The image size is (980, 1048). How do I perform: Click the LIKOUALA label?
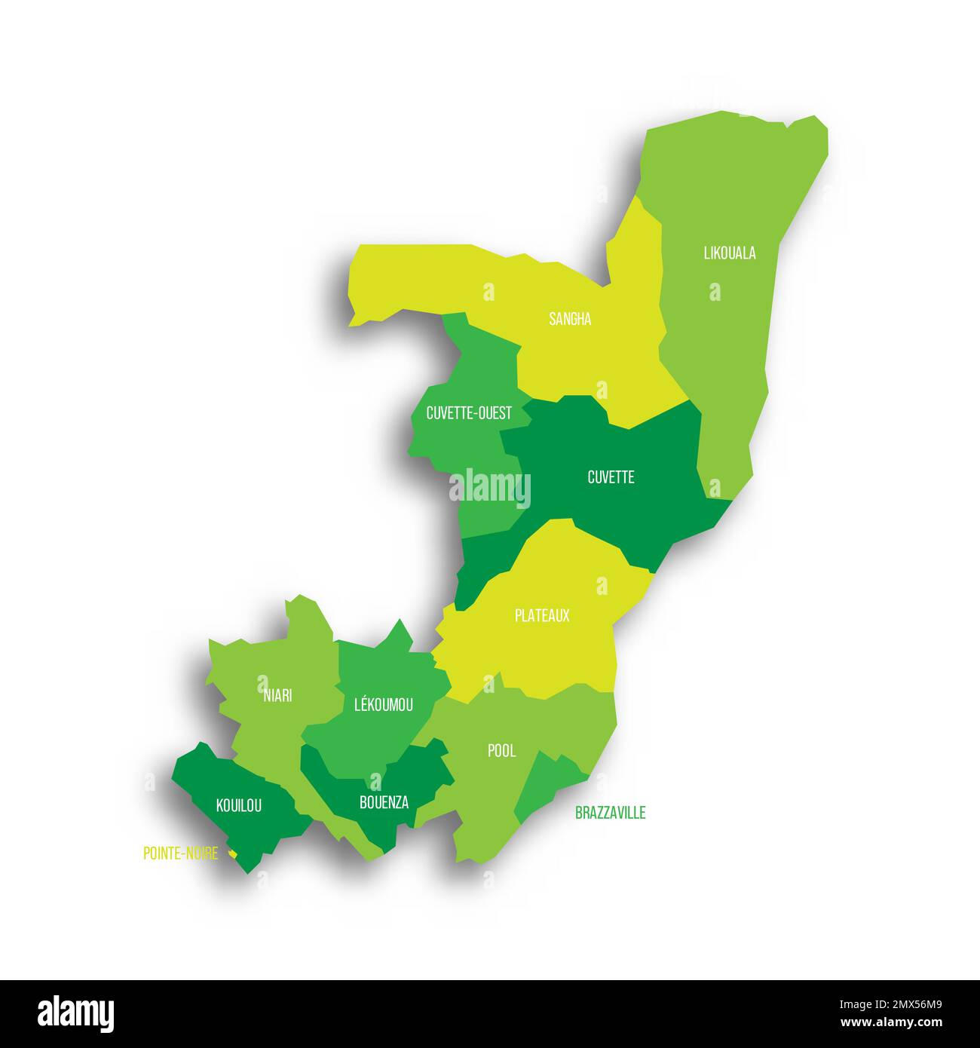tap(729, 253)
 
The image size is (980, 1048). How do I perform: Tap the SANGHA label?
tap(570, 319)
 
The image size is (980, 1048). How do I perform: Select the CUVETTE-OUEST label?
tap(468, 413)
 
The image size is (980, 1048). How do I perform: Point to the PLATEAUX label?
tap(542, 616)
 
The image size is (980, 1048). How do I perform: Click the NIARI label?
tap(277, 695)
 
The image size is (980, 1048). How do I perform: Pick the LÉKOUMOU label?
tap(383, 705)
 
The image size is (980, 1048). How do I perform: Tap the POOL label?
tap(501, 750)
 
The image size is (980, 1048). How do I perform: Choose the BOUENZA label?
tap(384, 802)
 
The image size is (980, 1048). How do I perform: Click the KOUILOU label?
tap(239, 806)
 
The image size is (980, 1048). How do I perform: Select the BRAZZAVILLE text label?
tap(610, 813)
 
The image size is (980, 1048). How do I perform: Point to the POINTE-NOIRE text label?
tap(180, 853)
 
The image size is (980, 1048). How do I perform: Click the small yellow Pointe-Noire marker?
tap(234, 853)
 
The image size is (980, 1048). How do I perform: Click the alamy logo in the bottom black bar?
tap(75, 1014)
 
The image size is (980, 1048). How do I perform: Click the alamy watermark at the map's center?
tap(490, 489)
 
